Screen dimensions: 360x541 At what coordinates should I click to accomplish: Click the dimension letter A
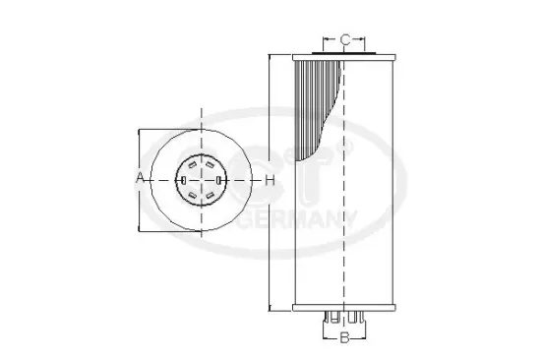(141, 179)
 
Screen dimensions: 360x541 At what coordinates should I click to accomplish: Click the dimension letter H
(269, 180)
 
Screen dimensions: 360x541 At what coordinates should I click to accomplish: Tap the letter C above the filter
(345, 40)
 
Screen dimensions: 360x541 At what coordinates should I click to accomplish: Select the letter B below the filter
(344, 339)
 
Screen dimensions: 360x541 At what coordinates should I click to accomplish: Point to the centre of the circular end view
(203, 179)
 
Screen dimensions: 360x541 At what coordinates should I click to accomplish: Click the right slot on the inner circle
(219, 179)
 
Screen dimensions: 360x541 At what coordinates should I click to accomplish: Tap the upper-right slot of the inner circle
(211, 165)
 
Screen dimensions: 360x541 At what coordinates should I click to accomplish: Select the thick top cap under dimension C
(344, 53)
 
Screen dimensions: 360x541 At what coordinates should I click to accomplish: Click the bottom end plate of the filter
(344, 308)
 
